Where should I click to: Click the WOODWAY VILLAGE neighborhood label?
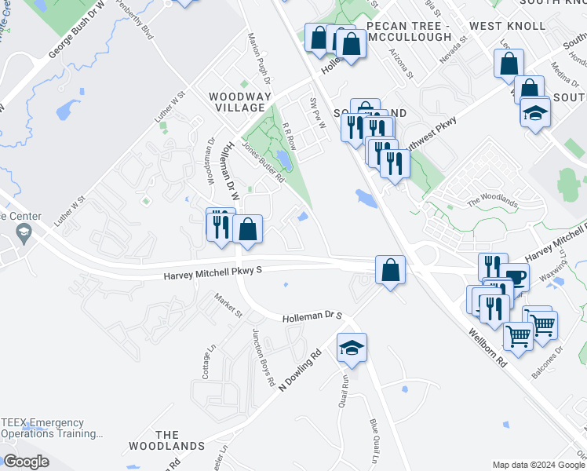click(240, 102)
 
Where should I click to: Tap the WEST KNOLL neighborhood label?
click(507, 26)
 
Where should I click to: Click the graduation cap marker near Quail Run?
click(352, 347)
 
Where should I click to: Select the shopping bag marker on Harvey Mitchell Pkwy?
click(389, 271)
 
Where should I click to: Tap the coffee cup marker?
click(516, 277)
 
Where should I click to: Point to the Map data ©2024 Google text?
click(538, 465)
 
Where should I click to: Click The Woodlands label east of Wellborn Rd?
click(493, 202)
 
